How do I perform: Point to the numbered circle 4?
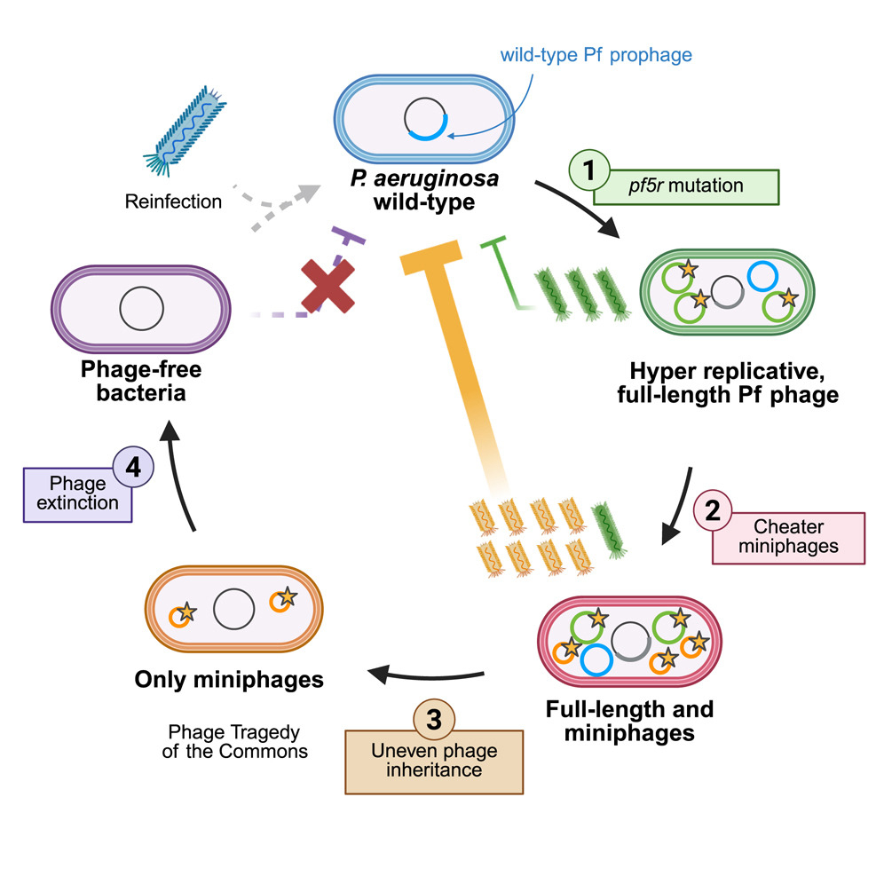(x=134, y=468)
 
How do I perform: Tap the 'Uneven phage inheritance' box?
(x=433, y=761)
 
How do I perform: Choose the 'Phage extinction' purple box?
(x=78, y=493)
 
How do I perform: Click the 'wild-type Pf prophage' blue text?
(x=596, y=55)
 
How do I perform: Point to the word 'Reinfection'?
(x=174, y=201)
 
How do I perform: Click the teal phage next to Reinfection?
(x=181, y=130)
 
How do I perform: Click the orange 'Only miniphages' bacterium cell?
(x=234, y=611)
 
